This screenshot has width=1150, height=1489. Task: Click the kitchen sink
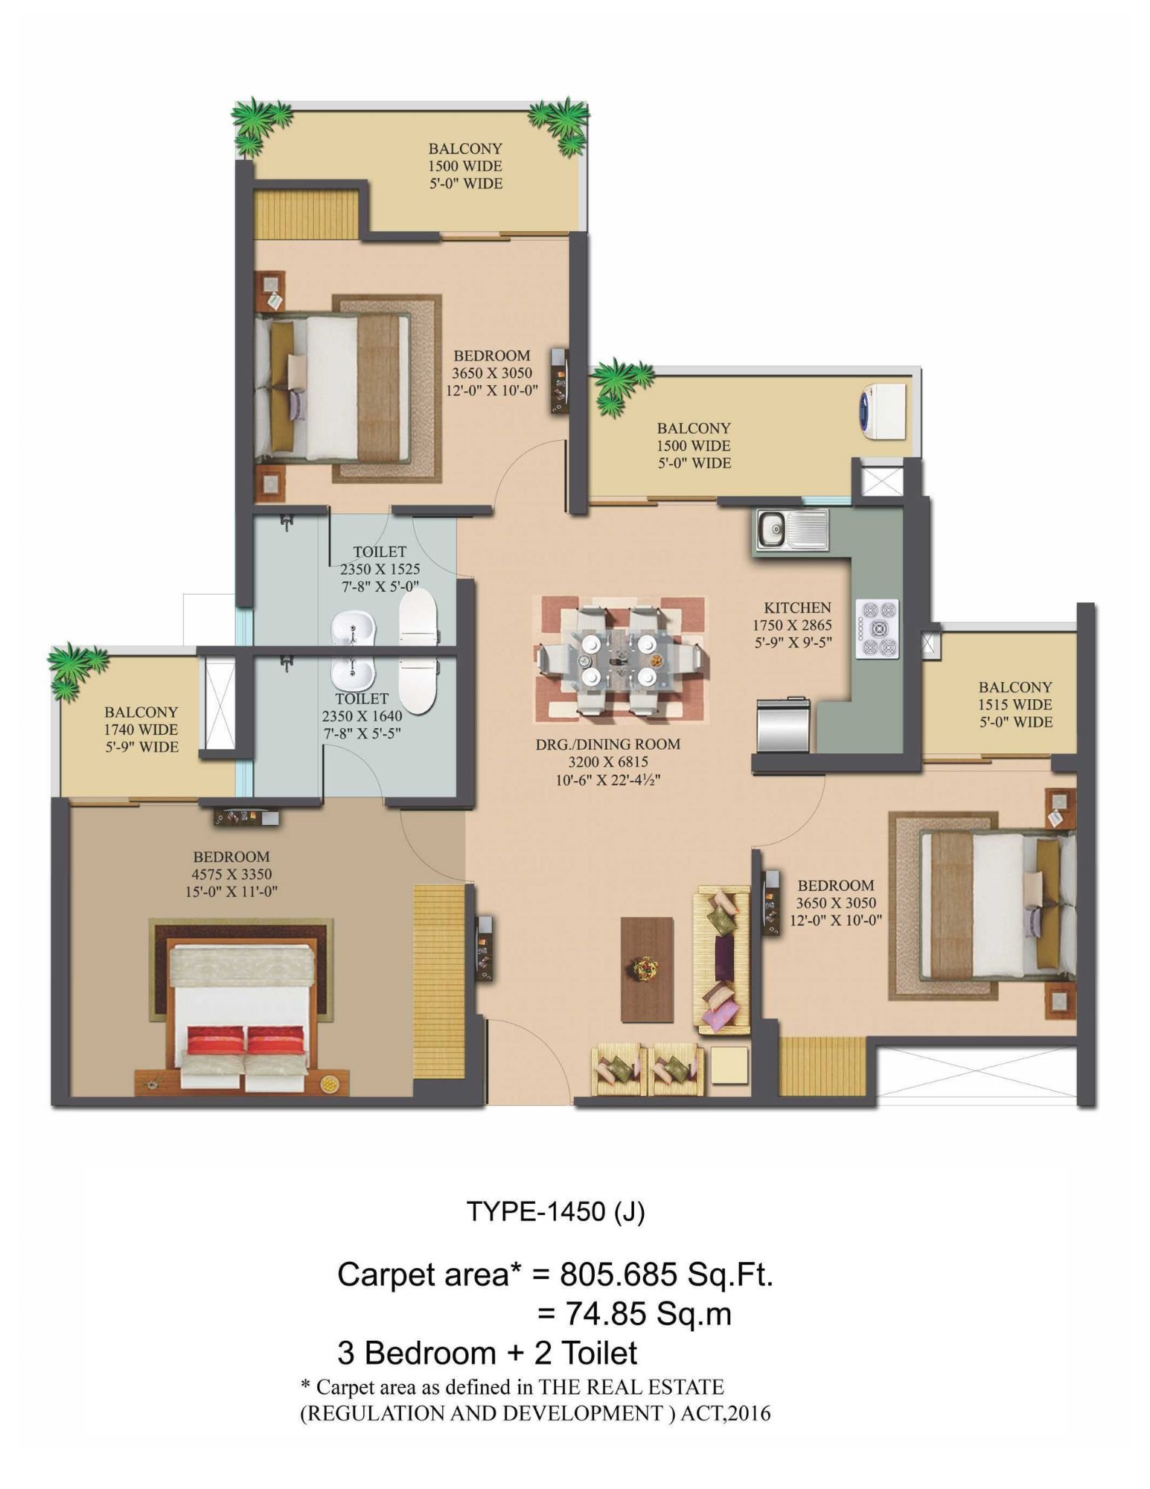[x=792, y=529]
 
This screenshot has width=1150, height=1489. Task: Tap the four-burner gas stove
[x=877, y=628]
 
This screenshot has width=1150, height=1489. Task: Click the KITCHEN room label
[x=797, y=608]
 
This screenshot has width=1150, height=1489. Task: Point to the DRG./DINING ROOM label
[x=608, y=744]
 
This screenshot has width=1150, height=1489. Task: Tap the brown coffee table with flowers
[x=647, y=969]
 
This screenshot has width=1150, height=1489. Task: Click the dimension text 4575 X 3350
[x=231, y=874]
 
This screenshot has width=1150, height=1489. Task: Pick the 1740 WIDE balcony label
[x=141, y=730]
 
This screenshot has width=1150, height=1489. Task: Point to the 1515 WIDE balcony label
[x=1015, y=704]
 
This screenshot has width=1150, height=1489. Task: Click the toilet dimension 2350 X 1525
[x=380, y=569]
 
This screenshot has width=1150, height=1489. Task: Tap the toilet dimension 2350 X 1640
[x=362, y=716]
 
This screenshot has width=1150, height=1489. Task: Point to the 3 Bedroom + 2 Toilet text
[x=488, y=1353]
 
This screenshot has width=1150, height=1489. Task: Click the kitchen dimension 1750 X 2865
[x=792, y=625]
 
